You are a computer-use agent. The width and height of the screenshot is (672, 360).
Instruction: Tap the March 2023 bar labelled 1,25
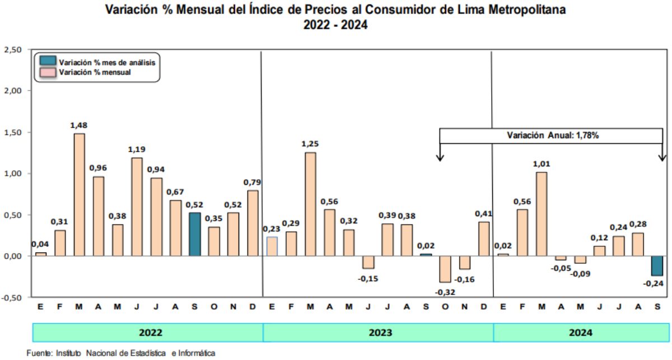click(x=310, y=204)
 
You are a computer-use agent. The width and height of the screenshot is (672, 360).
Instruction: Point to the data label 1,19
click(x=137, y=149)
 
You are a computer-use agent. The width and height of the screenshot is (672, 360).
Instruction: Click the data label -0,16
click(x=464, y=279)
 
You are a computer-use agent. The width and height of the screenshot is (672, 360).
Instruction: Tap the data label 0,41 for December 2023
click(x=483, y=213)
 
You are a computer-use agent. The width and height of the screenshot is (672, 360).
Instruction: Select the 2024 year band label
click(x=580, y=333)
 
